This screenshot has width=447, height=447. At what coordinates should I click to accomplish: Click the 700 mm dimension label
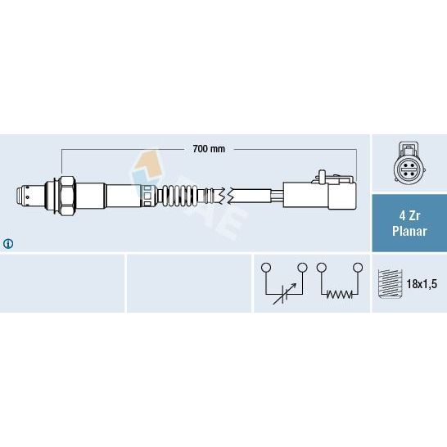[x=209, y=149]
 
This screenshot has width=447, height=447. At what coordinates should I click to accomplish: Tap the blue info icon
[x=8, y=243]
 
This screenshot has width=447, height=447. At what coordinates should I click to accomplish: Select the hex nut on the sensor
[x=68, y=196]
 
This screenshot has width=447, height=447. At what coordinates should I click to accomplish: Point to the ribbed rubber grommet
[x=179, y=196]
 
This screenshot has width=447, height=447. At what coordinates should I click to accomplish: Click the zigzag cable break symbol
[x=227, y=196]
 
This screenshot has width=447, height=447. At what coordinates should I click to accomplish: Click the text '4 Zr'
[x=409, y=216]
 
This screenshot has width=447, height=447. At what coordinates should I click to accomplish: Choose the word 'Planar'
[x=409, y=231]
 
